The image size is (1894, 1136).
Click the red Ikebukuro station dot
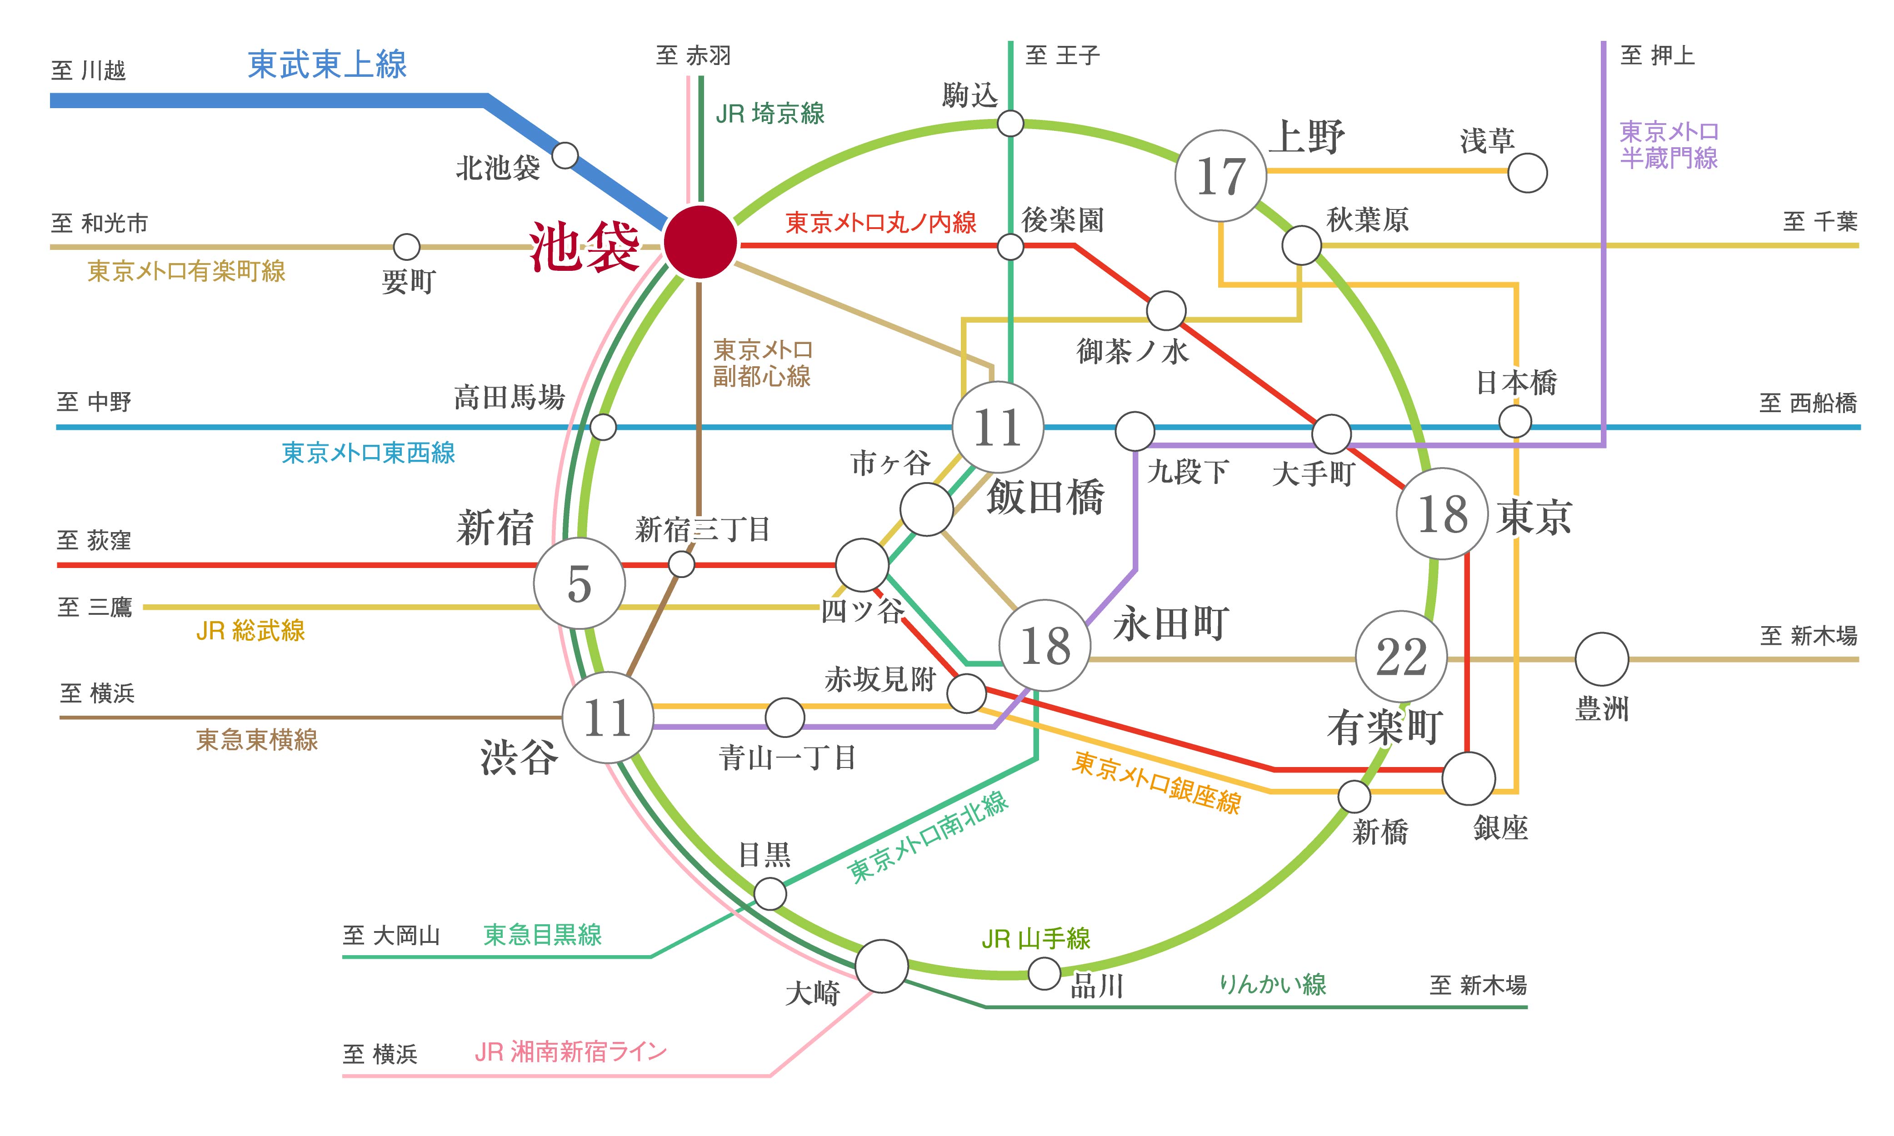coord(700,242)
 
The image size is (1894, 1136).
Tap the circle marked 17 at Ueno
coord(1220,176)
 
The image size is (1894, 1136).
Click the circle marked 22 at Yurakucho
coord(1401,656)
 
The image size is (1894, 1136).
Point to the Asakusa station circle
coord(1527,173)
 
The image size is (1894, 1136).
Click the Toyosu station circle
coord(1602,659)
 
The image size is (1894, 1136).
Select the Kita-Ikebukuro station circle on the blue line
coord(565,155)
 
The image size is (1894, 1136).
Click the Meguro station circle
coord(770,893)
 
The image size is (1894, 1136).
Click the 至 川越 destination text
coord(88,70)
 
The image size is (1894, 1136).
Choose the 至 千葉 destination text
coord(1820,222)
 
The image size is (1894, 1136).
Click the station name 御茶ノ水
coord(1132,351)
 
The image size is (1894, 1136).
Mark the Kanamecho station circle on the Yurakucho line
coord(406,246)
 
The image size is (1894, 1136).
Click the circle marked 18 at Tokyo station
coord(1442,513)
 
